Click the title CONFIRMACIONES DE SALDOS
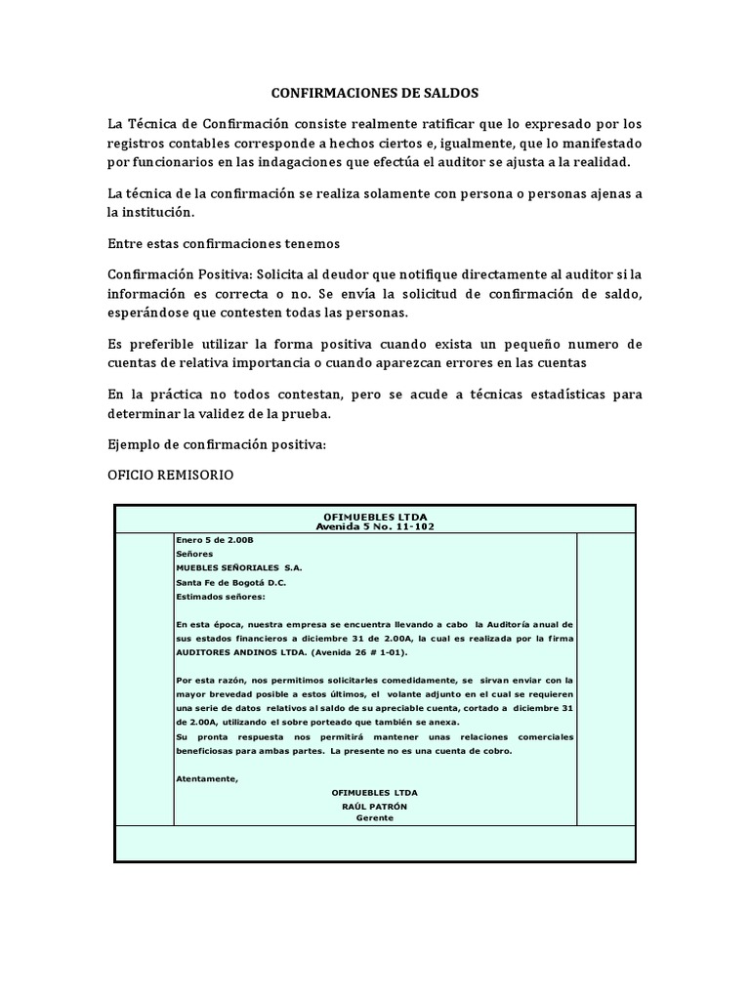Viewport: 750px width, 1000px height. [375, 94]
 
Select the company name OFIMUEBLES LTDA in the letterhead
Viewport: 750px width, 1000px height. [375, 516]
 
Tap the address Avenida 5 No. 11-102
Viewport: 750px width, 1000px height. [375, 526]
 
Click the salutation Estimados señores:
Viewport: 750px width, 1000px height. [220, 597]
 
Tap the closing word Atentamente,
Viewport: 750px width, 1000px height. [207, 778]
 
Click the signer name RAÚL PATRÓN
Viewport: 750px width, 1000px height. [374, 807]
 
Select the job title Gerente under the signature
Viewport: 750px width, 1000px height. [374, 819]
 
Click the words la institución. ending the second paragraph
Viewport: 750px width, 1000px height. [152, 212]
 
